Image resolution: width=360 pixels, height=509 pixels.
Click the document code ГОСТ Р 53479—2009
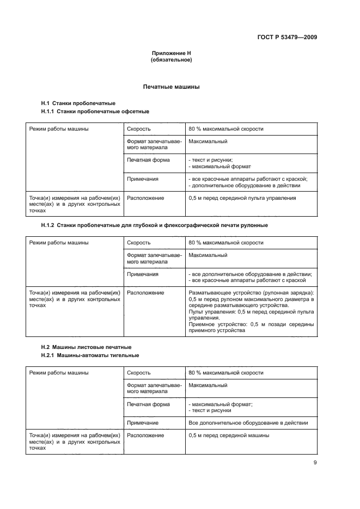(x=287, y=38)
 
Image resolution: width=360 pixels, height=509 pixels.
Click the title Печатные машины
(x=171, y=87)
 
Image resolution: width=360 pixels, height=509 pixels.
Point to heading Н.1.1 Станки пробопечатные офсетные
(x=95, y=112)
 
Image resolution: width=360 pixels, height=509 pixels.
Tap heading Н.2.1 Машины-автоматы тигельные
(x=90, y=355)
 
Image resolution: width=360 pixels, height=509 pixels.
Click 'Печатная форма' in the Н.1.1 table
(x=148, y=160)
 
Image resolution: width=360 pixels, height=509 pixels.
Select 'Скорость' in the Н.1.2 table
(x=139, y=242)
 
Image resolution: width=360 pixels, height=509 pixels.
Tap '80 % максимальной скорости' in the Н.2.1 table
(x=225, y=373)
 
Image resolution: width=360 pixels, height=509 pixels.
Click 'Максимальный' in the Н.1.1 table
(x=208, y=142)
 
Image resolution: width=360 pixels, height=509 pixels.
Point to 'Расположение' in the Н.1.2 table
(x=145, y=292)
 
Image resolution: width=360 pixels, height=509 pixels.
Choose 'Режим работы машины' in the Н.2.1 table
(x=59, y=373)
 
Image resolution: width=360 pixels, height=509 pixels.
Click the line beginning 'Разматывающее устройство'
(x=251, y=292)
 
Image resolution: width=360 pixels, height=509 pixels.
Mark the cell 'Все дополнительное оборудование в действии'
(x=248, y=422)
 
